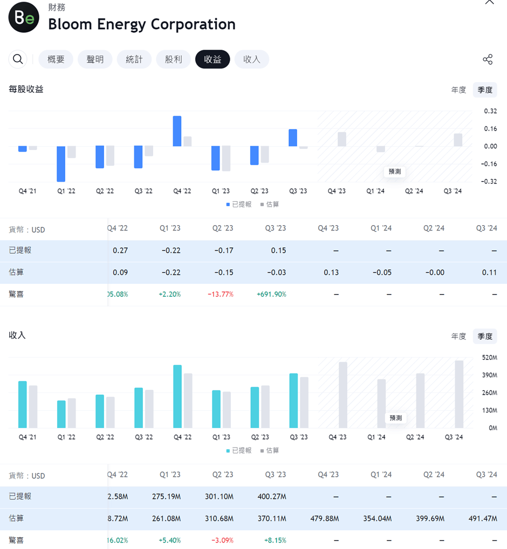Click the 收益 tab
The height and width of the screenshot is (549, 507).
point(213,59)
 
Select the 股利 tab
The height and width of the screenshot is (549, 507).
point(173,59)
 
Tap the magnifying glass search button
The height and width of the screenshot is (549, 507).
point(18,59)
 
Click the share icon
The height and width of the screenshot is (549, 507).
point(488,59)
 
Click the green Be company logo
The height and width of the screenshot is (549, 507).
point(24,18)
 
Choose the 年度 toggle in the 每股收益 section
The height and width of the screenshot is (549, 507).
point(458,90)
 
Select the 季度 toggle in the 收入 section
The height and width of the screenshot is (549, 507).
point(485,336)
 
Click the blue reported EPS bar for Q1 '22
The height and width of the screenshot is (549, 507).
point(61,164)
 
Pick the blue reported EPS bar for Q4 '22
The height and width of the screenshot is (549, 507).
point(177,131)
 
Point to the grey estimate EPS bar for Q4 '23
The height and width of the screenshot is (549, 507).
point(342,139)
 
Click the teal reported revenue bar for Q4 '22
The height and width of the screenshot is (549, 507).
point(177,396)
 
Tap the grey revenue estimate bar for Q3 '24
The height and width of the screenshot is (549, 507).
point(459,394)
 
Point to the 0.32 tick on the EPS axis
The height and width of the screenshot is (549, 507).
point(490,111)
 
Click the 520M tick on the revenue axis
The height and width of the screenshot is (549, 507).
point(490,357)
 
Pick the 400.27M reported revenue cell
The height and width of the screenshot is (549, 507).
point(272,497)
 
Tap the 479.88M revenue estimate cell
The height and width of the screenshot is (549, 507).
point(325,519)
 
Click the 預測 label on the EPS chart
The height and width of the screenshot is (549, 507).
point(395,172)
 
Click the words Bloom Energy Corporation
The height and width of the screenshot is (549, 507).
point(142,24)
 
